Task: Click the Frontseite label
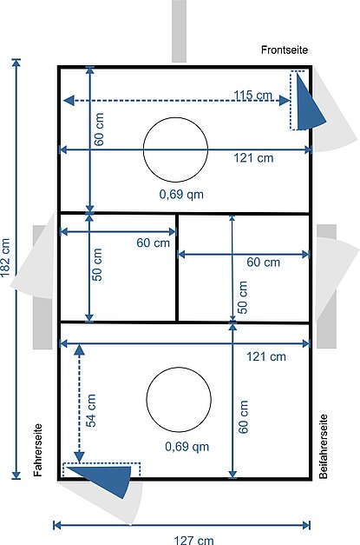pos(285,50)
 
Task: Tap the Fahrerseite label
pos(38,449)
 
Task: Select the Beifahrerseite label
pos(324,446)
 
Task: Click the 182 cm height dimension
pos(5,257)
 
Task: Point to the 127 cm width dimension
pos(193,540)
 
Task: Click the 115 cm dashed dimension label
pos(252,95)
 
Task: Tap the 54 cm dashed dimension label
pos(91,410)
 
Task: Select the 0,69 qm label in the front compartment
pos(181,194)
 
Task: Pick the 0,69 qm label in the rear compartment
pos(187,446)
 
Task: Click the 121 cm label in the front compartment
pos(253,158)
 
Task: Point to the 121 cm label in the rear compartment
pos(266,356)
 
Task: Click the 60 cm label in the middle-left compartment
pos(153,243)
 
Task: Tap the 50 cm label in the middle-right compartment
pos(242,297)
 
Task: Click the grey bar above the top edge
pos(179,31)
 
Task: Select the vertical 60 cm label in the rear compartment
pos(243,416)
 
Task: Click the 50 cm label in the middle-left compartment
pos(97,264)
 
